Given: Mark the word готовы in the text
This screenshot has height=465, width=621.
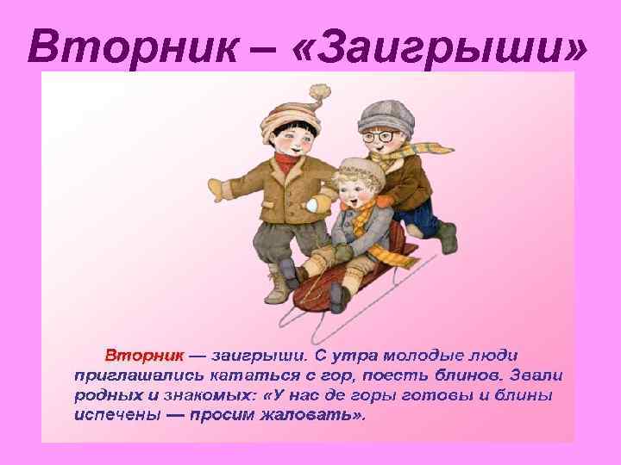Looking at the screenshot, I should (448, 394).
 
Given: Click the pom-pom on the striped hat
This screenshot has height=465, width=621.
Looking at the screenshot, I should (320, 92).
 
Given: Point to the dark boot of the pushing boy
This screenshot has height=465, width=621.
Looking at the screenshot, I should (446, 237).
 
